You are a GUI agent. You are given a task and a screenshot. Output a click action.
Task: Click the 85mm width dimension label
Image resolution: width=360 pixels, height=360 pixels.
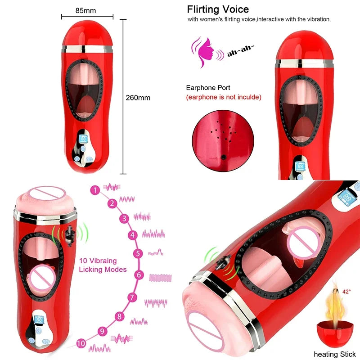pos(85,9)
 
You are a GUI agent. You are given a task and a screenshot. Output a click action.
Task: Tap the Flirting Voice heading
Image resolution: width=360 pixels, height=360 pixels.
pos(218,9)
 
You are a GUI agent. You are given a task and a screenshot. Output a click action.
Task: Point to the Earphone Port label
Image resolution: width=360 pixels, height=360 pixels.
pos(208,88)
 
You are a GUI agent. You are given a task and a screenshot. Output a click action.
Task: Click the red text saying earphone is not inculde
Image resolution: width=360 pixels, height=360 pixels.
pos(224,97)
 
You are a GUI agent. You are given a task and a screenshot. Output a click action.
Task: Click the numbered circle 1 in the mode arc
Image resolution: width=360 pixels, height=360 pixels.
pos(94,190)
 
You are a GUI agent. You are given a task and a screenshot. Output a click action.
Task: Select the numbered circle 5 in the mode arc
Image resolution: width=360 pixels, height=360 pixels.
pos(138,253)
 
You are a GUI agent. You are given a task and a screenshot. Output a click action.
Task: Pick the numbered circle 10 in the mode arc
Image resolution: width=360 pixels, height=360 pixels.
pos(81,343)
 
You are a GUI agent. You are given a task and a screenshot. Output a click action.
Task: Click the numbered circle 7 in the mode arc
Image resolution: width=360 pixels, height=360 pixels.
pos(132,297)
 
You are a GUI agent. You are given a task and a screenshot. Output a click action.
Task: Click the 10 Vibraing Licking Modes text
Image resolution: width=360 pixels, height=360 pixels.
pos(103,265)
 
